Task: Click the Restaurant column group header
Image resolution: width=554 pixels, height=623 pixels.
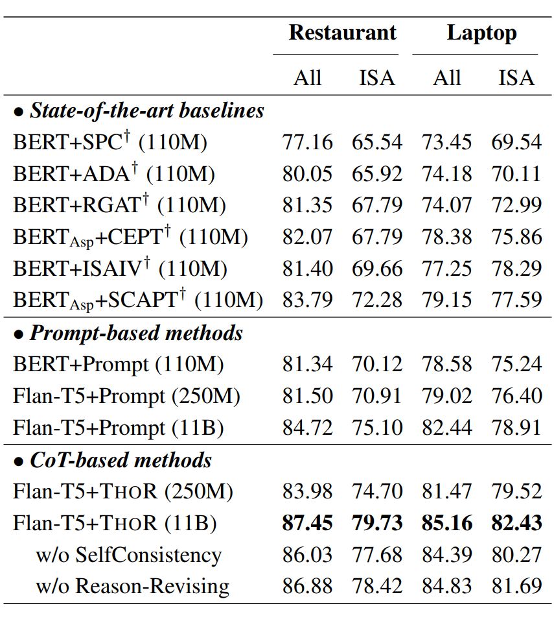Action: click(x=342, y=33)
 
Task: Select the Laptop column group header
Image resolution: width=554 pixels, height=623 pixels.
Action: click(x=481, y=33)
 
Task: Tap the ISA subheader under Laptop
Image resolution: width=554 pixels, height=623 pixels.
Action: click(x=516, y=78)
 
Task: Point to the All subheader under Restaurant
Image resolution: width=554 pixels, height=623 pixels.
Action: click(x=307, y=78)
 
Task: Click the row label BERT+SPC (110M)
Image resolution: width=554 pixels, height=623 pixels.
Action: click(x=110, y=142)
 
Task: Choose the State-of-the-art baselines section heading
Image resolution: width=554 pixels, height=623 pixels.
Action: click(x=139, y=111)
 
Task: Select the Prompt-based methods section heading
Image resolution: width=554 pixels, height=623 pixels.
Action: click(x=128, y=334)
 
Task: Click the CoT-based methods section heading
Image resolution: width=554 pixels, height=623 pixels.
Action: click(x=113, y=461)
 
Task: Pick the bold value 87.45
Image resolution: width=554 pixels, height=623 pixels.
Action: click(x=307, y=524)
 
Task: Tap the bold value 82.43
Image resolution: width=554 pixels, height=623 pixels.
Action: click(x=516, y=524)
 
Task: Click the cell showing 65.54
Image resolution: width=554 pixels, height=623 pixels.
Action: click(x=377, y=142)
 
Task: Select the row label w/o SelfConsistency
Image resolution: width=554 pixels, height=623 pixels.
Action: click(x=129, y=556)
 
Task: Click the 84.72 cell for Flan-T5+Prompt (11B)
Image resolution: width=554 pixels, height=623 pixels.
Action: click(x=307, y=428)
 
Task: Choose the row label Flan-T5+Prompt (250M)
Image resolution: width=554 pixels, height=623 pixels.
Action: click(x=127, y=397)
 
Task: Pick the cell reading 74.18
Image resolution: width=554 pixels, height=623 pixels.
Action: click(x=447, y=174)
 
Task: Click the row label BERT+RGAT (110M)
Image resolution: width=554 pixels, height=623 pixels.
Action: click(x=119, y=206)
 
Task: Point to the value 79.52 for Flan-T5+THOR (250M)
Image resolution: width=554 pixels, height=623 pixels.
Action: click(x=516, y=492)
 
